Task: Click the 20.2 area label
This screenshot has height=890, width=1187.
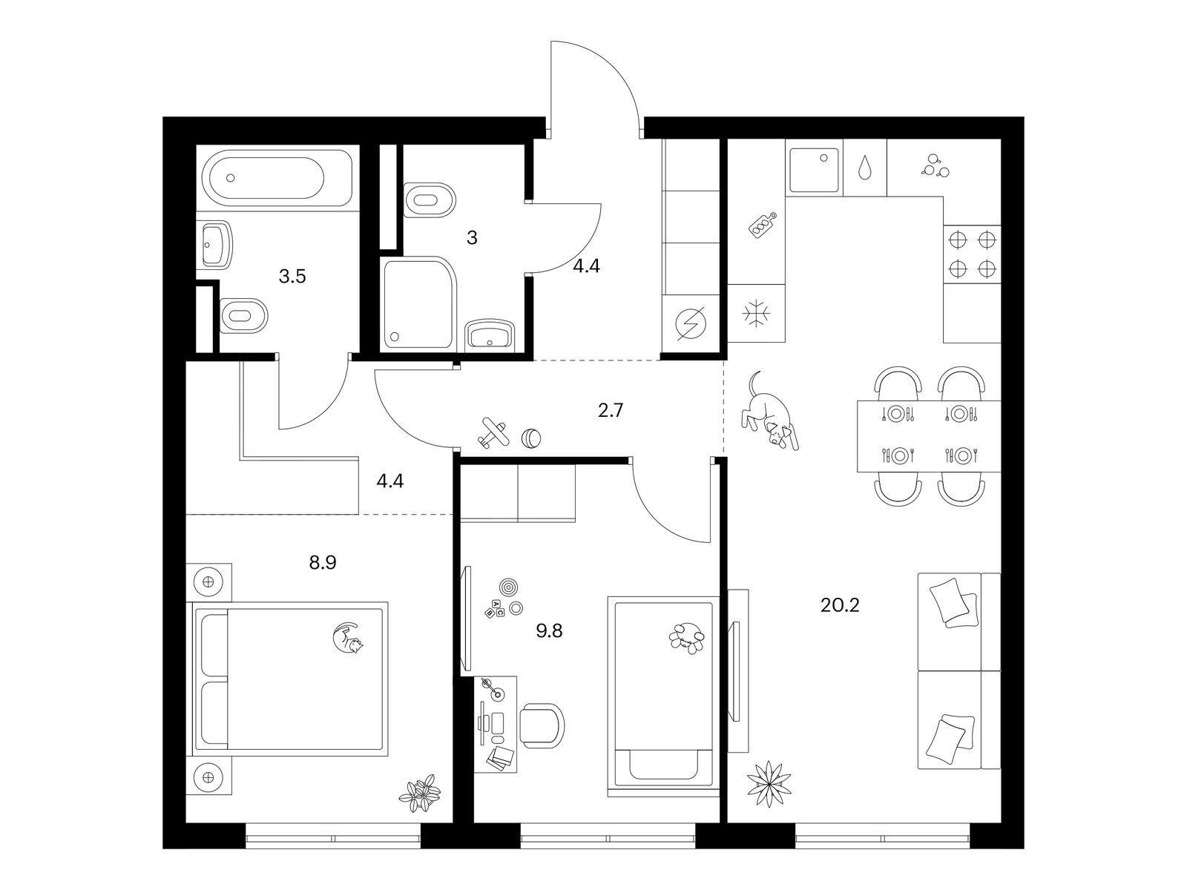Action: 840,605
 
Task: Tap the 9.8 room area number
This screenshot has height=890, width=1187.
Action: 550,630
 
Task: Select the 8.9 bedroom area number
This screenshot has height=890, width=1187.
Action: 323,563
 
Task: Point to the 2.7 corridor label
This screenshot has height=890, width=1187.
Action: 611,411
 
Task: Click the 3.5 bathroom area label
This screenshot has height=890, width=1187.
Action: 292,277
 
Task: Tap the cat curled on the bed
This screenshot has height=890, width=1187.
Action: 346,638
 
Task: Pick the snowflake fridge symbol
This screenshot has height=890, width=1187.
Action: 756,314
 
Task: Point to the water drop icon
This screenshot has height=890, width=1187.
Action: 865,168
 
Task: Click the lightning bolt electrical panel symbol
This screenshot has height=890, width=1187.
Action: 691,323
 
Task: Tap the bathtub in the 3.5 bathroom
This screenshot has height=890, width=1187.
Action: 275,178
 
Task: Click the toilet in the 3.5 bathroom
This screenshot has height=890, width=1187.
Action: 243,315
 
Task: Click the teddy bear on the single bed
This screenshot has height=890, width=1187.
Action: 687,639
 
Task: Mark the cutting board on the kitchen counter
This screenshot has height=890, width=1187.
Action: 763,225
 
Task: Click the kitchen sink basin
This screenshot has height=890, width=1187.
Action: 814,171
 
